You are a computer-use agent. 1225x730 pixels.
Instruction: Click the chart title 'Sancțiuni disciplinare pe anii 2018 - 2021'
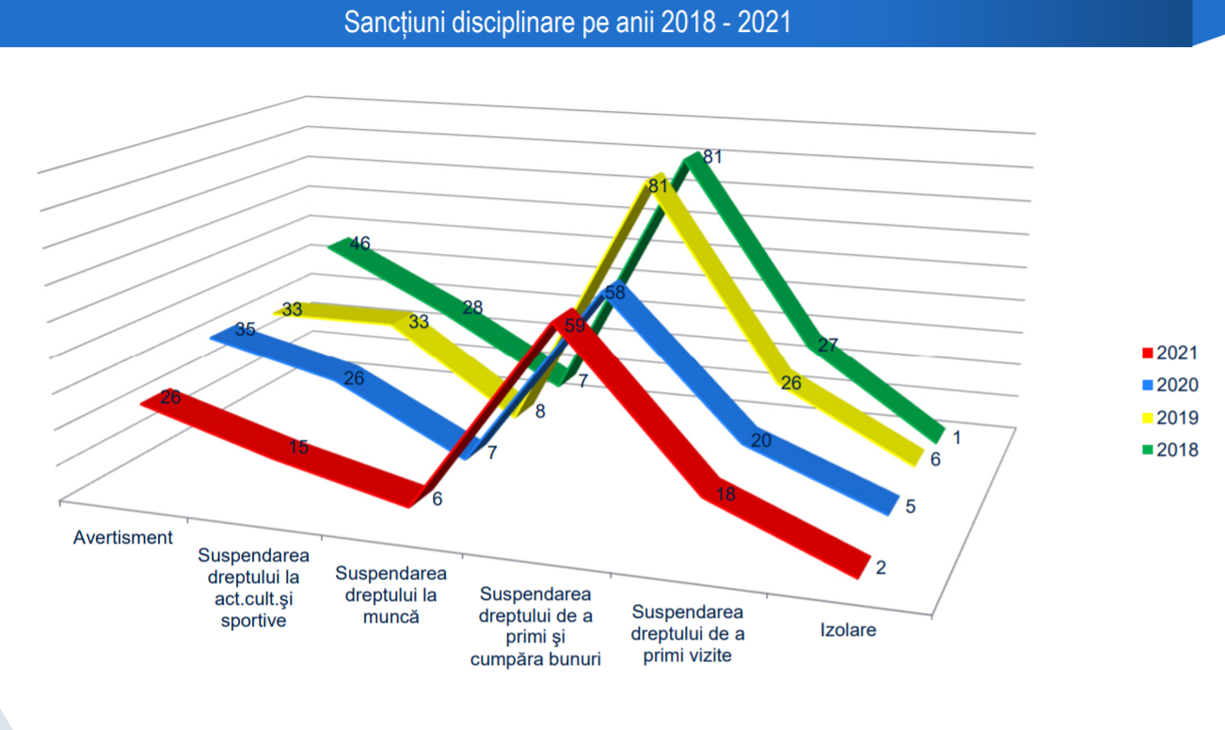click(566, 23)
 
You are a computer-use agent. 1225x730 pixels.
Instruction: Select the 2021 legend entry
click(1169, 354)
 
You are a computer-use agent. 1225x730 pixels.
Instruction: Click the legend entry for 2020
click(1169, 386)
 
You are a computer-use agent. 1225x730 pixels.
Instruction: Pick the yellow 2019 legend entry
click(1169, 418)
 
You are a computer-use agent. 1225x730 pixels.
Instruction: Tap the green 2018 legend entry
click(1169, 450)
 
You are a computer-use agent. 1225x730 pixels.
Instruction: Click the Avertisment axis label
click(123, 538)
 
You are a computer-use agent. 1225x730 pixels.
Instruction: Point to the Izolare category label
click(848, 630)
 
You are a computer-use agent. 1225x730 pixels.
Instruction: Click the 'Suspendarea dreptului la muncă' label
click(390, 595)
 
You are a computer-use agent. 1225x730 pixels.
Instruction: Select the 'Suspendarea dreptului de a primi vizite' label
click(688, 634)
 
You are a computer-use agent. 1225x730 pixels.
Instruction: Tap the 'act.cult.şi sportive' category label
click(253, 587)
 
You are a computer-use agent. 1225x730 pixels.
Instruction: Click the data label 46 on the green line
click(359, 244)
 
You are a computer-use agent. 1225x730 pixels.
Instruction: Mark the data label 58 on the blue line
click(614, 293)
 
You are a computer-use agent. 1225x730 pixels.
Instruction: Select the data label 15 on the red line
click(298, 448)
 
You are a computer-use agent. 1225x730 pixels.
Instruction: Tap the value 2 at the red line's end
click(881, 568)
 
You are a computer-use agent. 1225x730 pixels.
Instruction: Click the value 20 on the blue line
click(761, 440)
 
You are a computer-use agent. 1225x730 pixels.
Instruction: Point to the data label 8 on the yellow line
click(540, 411)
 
